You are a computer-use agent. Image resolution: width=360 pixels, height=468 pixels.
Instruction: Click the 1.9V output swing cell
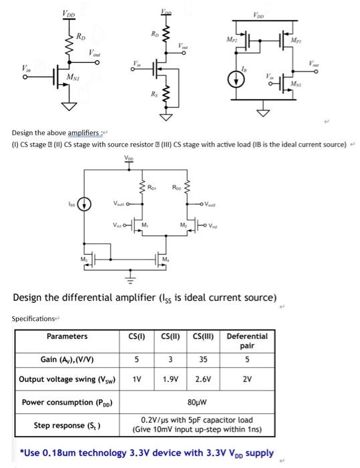pyautogui.click(x=171, y=380)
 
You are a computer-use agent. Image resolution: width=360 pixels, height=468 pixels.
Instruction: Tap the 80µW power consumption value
pyautogui.click(x=198, y=402)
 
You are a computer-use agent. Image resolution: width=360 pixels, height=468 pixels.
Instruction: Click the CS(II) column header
pyautogui.click(x=171, y=336)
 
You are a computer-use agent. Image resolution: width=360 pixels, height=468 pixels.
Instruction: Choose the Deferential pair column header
pyautogui.click(x=247, y=341)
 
